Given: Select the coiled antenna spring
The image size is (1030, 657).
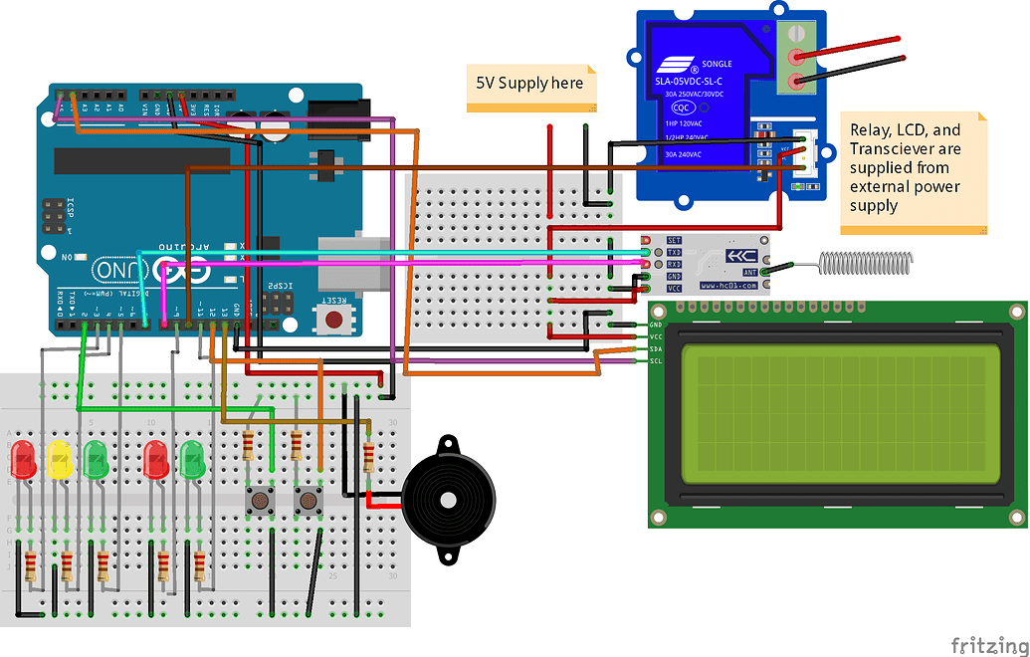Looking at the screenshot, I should point(864,263).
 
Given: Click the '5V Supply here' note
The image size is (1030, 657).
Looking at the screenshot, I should point(530,84).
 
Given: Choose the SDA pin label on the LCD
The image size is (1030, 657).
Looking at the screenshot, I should point(656,348).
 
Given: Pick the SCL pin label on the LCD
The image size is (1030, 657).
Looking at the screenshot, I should point(656,360).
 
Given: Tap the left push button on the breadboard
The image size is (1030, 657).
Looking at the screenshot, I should point(262,499).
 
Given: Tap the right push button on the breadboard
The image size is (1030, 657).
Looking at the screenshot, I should point(309,499).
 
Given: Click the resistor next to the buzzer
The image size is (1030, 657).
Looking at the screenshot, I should point(369,457).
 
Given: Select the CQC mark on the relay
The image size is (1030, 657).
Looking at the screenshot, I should point(682,108).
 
